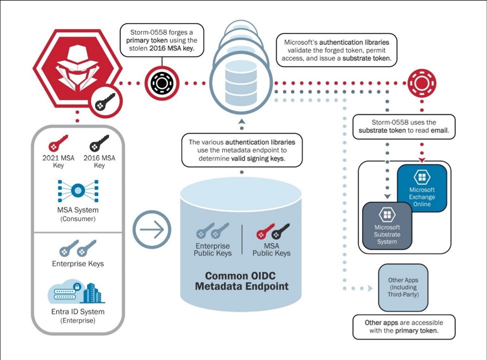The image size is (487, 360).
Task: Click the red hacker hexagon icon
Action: pyautogui.click(x=74, y=67)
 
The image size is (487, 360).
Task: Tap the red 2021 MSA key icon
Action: pyautogui.click(x=58, y=143)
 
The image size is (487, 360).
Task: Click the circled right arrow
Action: pyautogui.click(x=151, y=230)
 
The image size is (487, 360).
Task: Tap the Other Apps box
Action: pyautogui.click(x=403, y=287)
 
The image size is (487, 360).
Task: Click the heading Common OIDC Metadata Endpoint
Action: pyautogui.click(x=241, y=281)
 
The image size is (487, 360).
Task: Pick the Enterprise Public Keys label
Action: pyautogui.click(x=212, y=249)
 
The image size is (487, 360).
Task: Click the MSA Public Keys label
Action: pyautogui.click(x=271, y=249)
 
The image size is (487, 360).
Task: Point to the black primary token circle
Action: pyautogui.click(x=161, y=82)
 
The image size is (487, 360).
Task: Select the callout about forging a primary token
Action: pyautogui.click(x=162, y=39)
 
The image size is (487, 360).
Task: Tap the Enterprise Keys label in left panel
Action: pyautogui.click(x=77, y=263)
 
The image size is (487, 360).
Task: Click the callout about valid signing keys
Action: pyautogui.click(x=241, y=150)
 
